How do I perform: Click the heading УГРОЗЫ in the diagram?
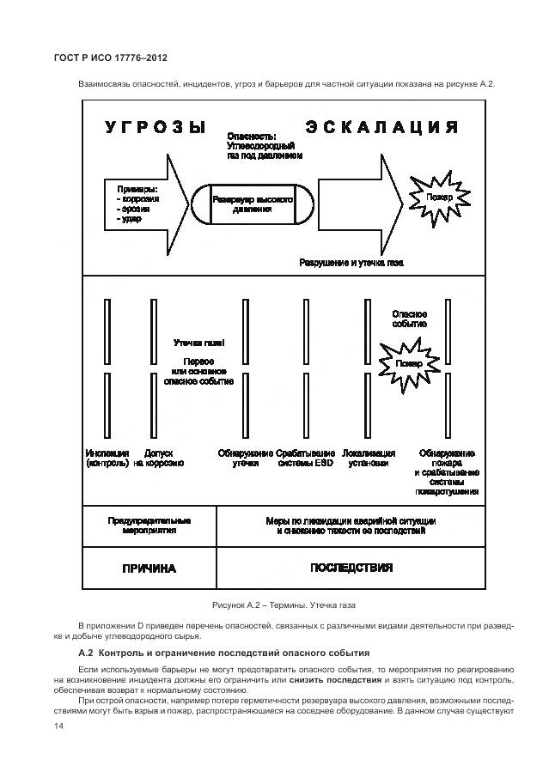click(x=156, y=127)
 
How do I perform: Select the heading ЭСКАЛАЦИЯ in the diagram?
click(x=381, y=127)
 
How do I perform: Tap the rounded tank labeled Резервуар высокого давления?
click(x=252, y=204)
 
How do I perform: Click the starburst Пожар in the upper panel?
click(x=435, y=198)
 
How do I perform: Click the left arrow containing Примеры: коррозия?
click(x=146, y=204)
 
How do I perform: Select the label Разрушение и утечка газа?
click(x=351, y=262)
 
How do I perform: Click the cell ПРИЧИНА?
click(x=149, y=568)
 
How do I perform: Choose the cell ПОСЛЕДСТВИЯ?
click(x=351, y=568)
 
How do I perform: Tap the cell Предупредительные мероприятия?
click(x=149, y=526)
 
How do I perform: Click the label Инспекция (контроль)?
click(x=107, y=459)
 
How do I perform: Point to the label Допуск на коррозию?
click(x=158, y=459)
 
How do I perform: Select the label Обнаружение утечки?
click(x=245, y=459)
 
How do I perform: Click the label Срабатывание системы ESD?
click(x=305, y=459)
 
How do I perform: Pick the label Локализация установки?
click(x=368, y=459)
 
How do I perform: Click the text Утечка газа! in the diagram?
click(x=198, y=342)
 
